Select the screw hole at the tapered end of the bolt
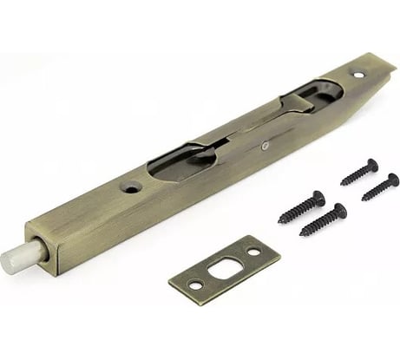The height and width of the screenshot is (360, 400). click(359, 75)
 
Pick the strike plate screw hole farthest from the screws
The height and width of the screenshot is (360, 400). click(196, 284)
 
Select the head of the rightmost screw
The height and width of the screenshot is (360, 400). click(391, 180)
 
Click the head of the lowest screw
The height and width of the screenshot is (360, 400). click(339, 211)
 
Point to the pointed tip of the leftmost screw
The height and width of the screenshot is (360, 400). click(279, 222)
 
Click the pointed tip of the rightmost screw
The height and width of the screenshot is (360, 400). click(363, 199)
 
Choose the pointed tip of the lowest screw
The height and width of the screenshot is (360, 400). click(301, 235)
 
